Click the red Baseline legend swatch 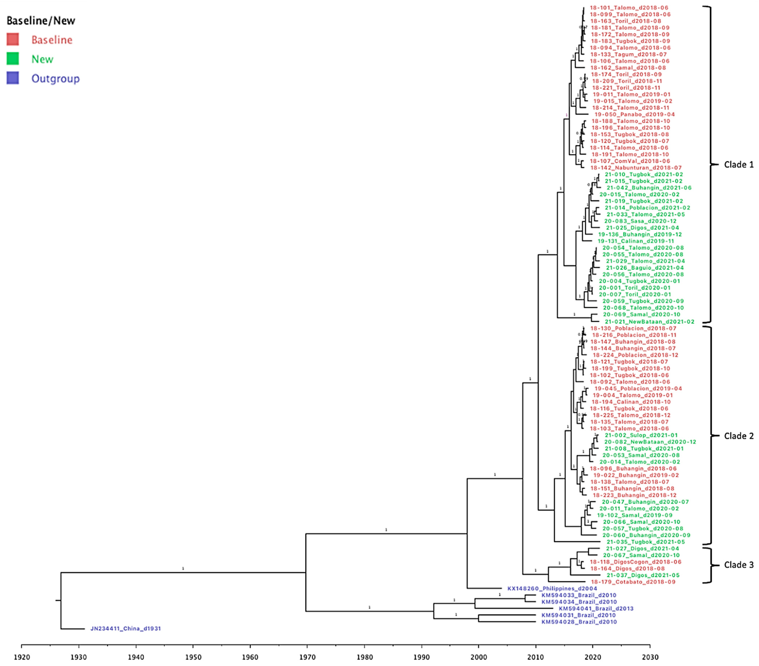tap(13, 39)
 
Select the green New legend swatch tap(13, 59)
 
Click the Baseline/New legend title tap(41, 21)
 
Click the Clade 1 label tap(739, 164)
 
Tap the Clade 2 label tap(739, 436)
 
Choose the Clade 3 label tap(739, 565)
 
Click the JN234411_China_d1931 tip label tap(125, 628)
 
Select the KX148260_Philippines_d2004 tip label tap(552, 588)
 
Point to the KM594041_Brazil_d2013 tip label tap(596, 608)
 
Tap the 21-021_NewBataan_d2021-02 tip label tap(649, 321)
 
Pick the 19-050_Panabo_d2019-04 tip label tap(634, 114)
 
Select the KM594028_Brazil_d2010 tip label tap(579, 622)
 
